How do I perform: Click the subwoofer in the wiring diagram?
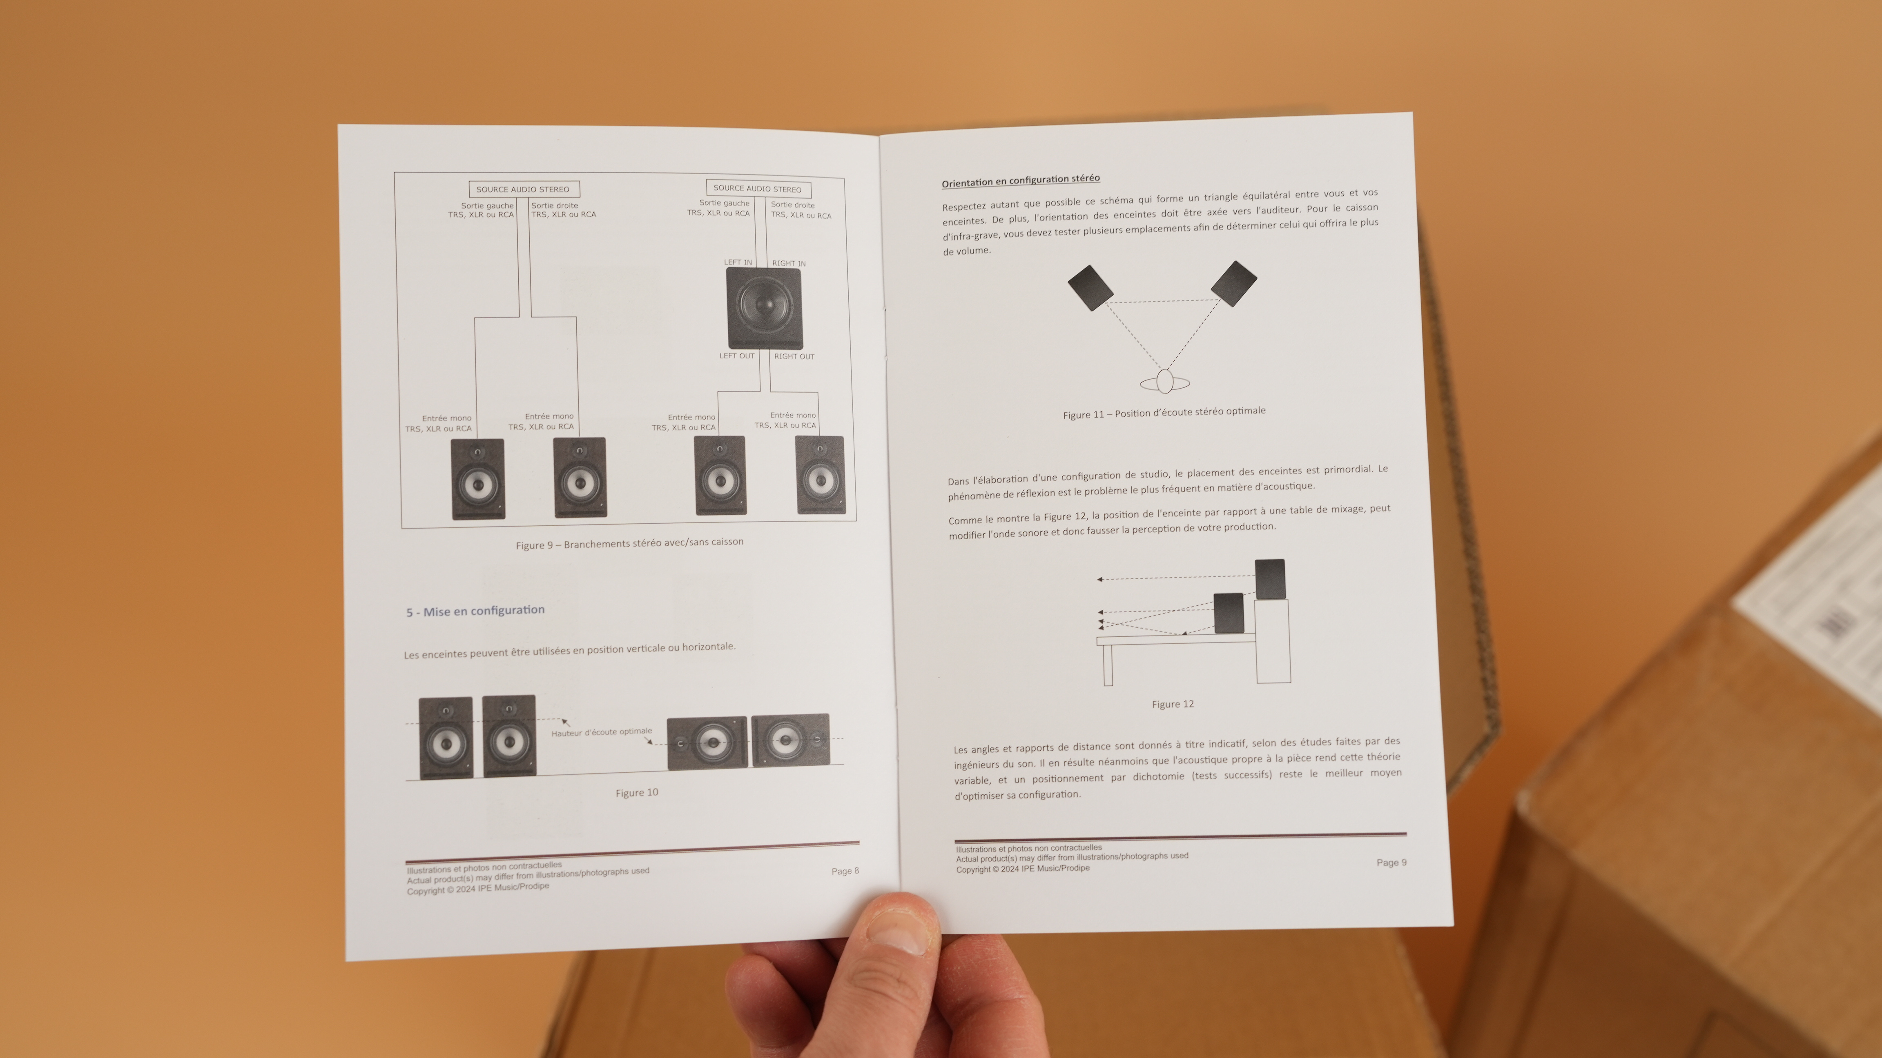pyautogui.click(x=764, y=308)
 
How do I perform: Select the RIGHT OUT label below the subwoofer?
pyautogui.click(x=794, y=356)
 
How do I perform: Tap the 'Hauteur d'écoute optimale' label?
pyautogui.click(x=602, y=731)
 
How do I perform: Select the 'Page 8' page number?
pyautogui.click(x=845, y=870)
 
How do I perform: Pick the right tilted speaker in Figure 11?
pyautogui.click(x=1234, y=283)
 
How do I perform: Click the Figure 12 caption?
pyautogui.click(x=1173, y=704)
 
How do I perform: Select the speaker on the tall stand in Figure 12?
pyautogui.click(x=1270, y=579)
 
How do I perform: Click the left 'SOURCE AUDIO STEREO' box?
pyautogui.click(x=523, y=189)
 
